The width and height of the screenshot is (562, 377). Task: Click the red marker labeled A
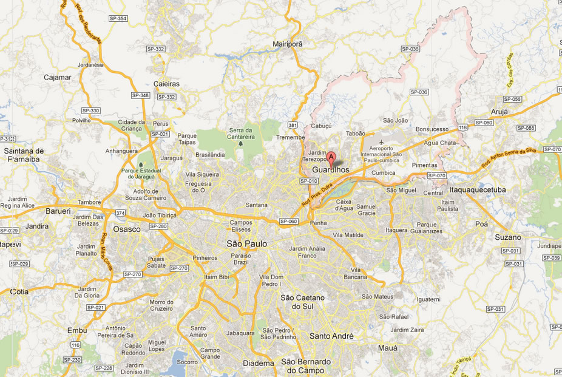tap(331, 158)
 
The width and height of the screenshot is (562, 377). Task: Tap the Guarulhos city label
tap(331, 171)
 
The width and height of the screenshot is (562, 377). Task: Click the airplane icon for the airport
tap(381, 143)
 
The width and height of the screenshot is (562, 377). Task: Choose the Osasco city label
tap(127, 229)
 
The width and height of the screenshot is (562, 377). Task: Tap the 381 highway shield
tap(293, 125)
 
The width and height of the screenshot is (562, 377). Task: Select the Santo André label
tap(331, 336)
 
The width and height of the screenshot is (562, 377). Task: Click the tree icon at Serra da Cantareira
tap(242, 144)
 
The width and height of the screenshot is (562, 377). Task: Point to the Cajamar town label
tap(58, 77)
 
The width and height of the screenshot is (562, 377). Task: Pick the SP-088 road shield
tap(526, 128)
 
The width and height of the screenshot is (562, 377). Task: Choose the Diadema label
tap(258, 364)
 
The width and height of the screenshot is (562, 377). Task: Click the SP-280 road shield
tap(158, 226)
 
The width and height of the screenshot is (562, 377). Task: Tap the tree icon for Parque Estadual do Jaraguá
tap(141, 164)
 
